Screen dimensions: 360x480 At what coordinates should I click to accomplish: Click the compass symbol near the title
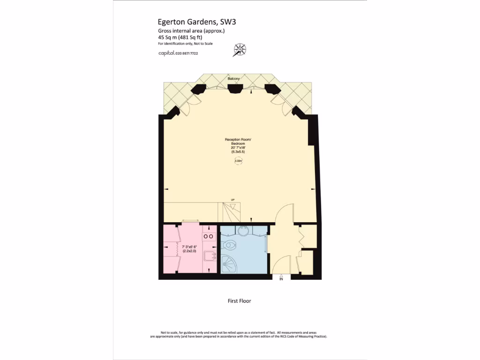pos(240,49)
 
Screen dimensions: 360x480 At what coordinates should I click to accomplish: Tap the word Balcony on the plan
pos(234,78)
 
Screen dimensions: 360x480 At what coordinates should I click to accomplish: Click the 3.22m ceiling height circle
pos(238,161)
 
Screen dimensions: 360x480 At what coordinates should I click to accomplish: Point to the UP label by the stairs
pos(232,200)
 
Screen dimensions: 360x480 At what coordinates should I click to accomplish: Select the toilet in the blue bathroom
pos(230,244)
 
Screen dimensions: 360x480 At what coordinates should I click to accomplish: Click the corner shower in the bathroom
pos(229,264)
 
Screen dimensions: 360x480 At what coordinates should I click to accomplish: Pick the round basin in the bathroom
pos(243,231)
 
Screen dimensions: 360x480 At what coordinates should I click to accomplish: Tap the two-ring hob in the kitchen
pos(209,236)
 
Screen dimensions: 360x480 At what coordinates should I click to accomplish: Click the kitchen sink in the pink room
pos(210,256)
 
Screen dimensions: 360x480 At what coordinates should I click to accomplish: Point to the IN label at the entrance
pos(281,279)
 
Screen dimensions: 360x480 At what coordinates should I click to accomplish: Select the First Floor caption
pos(239,301)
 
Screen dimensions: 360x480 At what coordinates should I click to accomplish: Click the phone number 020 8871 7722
pos(187,53)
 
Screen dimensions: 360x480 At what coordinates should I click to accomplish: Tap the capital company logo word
pos(166,53)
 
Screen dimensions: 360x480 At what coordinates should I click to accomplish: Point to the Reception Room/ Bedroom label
pos(238,142)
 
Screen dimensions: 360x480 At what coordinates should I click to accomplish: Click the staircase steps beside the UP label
pos(231,211)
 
